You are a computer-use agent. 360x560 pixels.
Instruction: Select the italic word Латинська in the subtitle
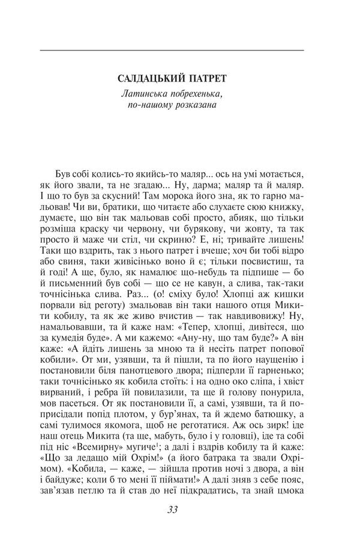[142, 94]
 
